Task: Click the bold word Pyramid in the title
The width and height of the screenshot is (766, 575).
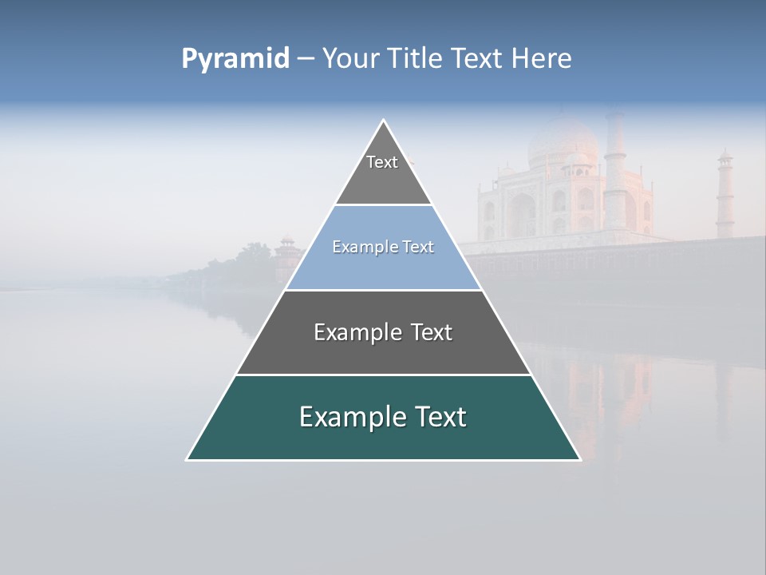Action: (235, 58)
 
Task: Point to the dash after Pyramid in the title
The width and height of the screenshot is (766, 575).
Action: (305, 59)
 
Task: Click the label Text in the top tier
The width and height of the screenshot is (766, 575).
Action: (382, 162)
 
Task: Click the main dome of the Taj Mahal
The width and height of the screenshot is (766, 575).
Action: (562, 140)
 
